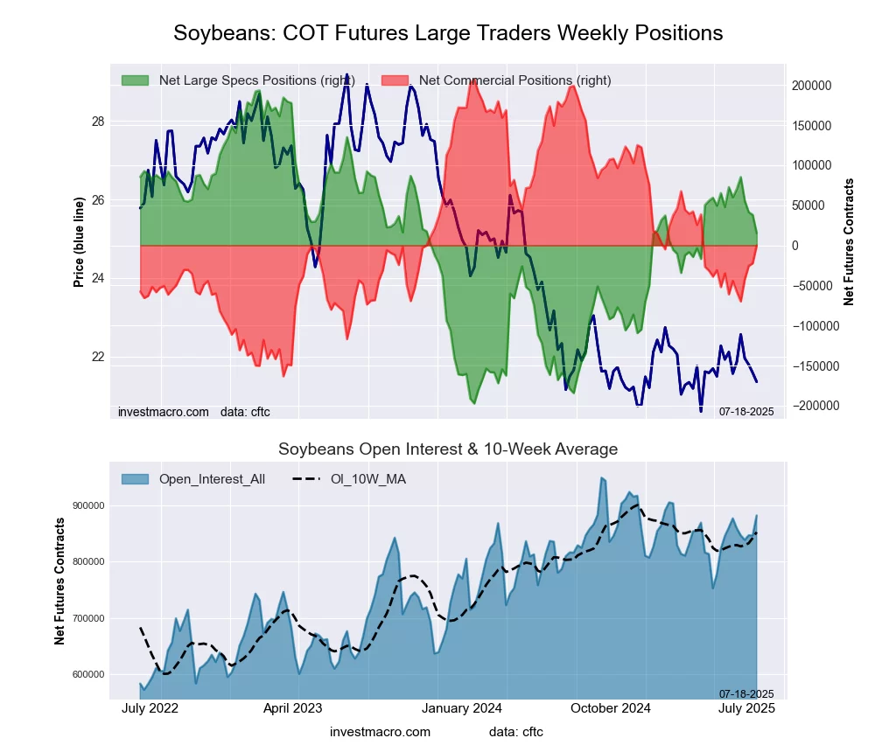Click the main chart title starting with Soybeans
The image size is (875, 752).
pos(448,33)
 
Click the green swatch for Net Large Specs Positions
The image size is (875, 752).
pos(135,80)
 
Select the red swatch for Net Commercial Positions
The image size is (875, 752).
pos(395,80)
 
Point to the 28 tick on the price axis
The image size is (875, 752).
pos(98,122)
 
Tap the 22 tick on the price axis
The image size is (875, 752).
pos(98,357)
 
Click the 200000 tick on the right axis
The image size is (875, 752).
pos(811,86)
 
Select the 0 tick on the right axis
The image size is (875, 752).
pos(796,246)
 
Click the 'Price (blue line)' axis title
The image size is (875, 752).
pos(79,242)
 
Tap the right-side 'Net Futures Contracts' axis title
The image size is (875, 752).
pos(849,241)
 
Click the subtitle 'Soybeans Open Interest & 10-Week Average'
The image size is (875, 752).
pos(448,449)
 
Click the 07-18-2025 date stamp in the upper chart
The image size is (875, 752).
pos(746,412)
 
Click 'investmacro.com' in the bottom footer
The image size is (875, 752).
pos(380,731)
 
